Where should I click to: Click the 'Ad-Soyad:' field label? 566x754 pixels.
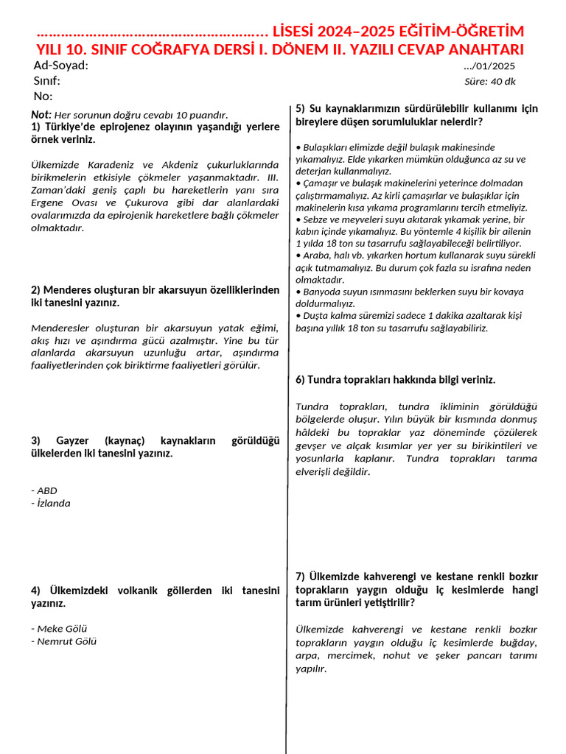(x=61, y=66)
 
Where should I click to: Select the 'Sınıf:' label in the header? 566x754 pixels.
(x=47, y=81)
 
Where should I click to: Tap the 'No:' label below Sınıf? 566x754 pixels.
(x=43, y=96)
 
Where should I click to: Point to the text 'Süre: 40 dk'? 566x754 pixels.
(x=490, y=82)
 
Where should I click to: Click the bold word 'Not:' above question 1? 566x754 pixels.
(x=41, y=114)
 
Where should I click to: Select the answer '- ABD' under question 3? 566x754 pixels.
(x=44, y=490)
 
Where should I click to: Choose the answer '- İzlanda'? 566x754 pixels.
(x=51, y=504)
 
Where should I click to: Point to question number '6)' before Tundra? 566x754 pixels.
(x=300, y=380)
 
